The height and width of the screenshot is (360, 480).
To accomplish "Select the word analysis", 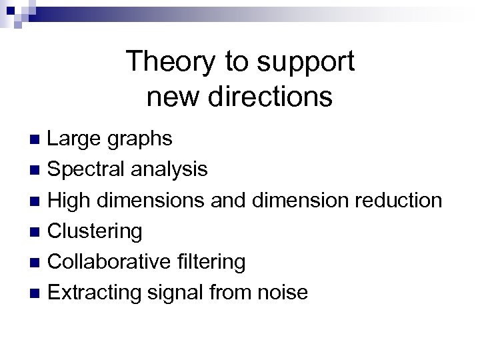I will tap(169, 170).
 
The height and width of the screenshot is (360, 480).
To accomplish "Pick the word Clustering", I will tap(95, 231).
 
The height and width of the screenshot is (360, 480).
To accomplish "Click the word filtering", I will tap(213, 261).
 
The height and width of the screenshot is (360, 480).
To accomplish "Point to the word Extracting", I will tap(91, 292).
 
